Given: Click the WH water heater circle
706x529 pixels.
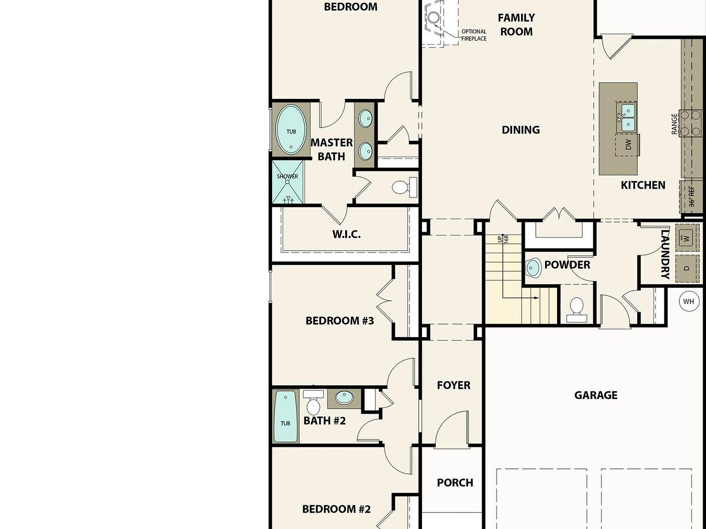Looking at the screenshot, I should pyautogui.click(x=688, y=302).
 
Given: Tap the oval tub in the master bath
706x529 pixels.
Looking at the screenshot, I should pyautogui.click(x=290, y=130).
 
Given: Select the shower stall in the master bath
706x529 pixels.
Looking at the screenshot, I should pyautogui.click(x=288, y=182).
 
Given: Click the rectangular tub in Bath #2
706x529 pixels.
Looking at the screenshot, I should pyautogui.click(x=285, y=416).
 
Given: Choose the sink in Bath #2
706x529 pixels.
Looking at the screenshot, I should pyautogui.click(x=344, y=397).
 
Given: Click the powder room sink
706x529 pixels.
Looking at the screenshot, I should pyautogui.click(x=533, y=268).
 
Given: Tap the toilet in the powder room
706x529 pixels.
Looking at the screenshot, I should pyautogui.click(x=576, y=309).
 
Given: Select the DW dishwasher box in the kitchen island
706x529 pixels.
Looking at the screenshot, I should pyautogui.click(x=627, y=145).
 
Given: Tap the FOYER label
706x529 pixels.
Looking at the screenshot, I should pyautogui.click(x=453, y=385).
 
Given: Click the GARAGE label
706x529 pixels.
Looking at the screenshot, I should pyautogui.click(x=596, y=395).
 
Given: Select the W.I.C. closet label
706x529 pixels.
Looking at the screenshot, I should pyautogui.click(x=347, y=234).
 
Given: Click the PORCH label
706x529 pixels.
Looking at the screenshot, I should pyautogui.click(x=455, y=483).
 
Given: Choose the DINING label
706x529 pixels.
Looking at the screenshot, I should pyautogui.click(x=520, y=130).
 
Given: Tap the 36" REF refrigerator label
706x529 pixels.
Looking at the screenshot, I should pyautogui.click(x=691, y=196).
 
